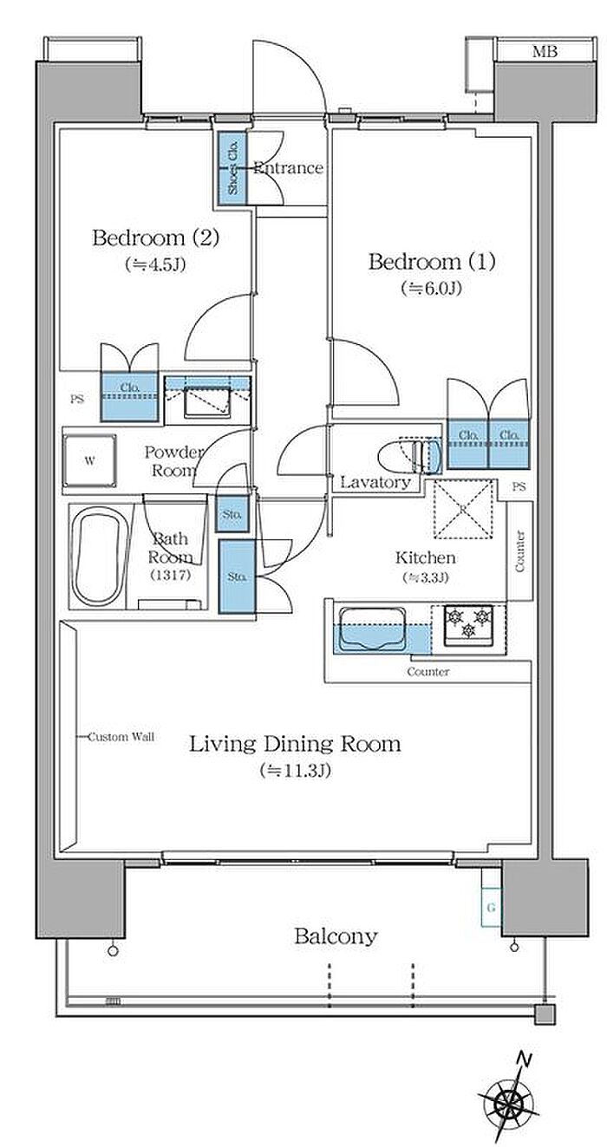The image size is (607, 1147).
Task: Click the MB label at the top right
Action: pyautogui.click(x=545, y=51)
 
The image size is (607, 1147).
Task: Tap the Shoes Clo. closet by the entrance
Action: pyautogui.click(x=232, y=168)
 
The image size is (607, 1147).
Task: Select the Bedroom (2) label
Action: pyautogui.click(x=156, y=238)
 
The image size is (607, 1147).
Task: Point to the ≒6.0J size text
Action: pyautogui.click(x=431, y=289)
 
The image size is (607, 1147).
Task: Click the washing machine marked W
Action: pyautogui.click(x=89, y=460)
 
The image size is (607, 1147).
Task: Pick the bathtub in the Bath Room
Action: pyautogui.click(x=97, y=556)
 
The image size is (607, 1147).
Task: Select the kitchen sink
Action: pyautogui.click(x=373, y=629)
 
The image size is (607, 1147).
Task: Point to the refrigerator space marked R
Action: pyautogui.click(x=464, y=509)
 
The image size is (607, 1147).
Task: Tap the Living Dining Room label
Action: pyautogui.click(x=295, y=745)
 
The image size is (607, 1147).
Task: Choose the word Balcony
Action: pyautogui.click(x=336, y=936)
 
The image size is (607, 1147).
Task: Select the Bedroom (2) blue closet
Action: pyautogui.click(x=129, y=396)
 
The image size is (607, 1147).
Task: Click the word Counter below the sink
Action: pyautogui.click(x=428, y=671)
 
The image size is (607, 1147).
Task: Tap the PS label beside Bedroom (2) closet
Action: pyautogui.click(x=77, y=399)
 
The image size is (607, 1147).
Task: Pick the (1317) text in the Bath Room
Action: pyautogui.click(x=171, y=575)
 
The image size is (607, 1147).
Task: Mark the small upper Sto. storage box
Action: pyautogui.click(x=232, y=513)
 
